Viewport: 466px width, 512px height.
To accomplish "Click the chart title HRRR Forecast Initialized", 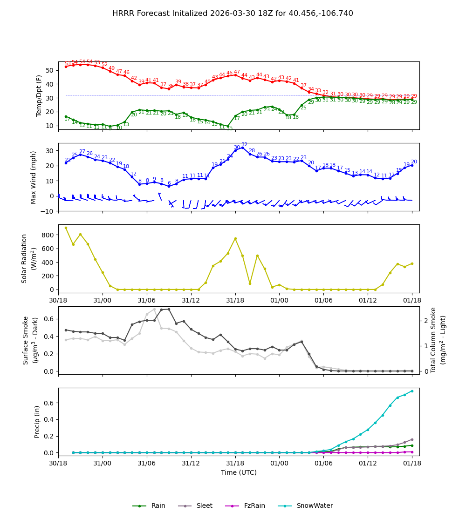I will pyautogui.click(x=233, y=13).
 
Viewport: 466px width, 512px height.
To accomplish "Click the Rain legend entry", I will pyautogui.click(x=149, y=505).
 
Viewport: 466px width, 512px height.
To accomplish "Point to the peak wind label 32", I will pyautogui.click(x=244, y=145).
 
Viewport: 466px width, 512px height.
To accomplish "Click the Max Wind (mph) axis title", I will pyautogui.click(x=34, y=177).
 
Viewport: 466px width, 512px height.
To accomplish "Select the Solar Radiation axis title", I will pyautogui.click(x=29, y=258).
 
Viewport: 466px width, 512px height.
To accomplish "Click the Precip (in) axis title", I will pyautogui.click(x=38, y=421).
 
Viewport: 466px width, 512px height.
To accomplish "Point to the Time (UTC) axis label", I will pyautogui.click(x=239, y=472).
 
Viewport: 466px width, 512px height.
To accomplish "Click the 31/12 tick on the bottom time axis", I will pyautogui.click(x=191, y=464).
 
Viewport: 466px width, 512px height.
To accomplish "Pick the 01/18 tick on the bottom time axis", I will pyautogui.click(x=412, y=464).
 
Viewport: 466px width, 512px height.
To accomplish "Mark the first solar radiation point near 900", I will pyautogui.click(x=66, y=228).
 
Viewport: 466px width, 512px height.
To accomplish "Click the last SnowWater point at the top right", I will pyautogui.click(x=412, y=391).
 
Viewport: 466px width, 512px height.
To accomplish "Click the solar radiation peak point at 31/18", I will pyautogui.click(x=235, y=238).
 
